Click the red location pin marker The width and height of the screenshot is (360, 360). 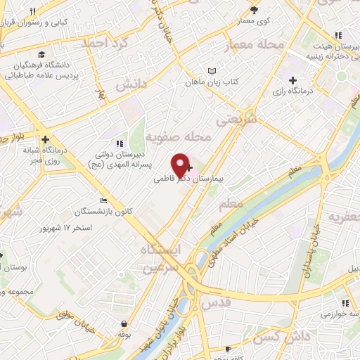pyautogui.click(x=181, y=164)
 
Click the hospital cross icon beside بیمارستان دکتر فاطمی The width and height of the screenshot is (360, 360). pyautogui.click(x=191, y=168)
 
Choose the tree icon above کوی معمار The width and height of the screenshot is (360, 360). pyautogui.click(x=254, y=10)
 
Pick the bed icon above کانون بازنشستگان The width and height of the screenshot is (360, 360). pyautogui.click(x=105, y=200)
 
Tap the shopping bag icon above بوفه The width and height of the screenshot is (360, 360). pyautogui.click(x=124, y=324)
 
